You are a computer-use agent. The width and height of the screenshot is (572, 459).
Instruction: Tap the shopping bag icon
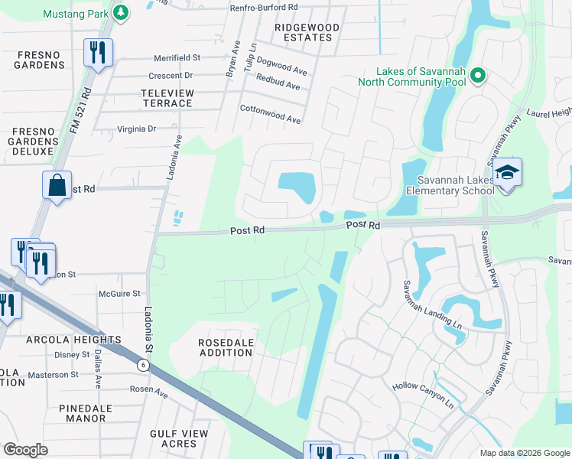(x=57, y=185)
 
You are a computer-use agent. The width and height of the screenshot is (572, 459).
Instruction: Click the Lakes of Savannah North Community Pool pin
(x=478, y=75)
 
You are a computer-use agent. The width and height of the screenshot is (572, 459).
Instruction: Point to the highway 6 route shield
(x=143, y=365)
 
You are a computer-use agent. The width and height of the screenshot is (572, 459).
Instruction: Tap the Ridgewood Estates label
(x=307, y=32)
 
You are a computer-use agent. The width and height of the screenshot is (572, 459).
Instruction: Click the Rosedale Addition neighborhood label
(x=226, y=347)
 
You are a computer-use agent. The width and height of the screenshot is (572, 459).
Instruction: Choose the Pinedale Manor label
(x=93, y=413)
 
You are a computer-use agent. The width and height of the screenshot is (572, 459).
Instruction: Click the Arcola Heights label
(x=73, y=340)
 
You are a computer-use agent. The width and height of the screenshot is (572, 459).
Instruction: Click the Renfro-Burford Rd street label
(x=264, y=7)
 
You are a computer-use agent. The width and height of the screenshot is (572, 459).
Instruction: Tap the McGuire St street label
(x=119, y=293)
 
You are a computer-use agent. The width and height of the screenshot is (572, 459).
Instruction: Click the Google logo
(x=25, y=450)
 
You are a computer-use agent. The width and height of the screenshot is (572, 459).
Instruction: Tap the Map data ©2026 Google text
(x=524, y=453)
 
